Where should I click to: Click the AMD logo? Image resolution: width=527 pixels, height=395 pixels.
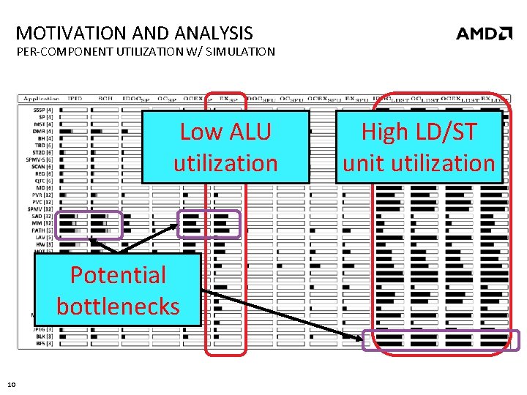[x=484, y=33]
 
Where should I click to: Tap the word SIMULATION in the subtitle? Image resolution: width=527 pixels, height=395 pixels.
[x=239, y=51]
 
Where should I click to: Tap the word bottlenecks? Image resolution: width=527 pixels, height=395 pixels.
[x=118, y=305]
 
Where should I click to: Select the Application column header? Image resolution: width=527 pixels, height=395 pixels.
[x=42, y=98]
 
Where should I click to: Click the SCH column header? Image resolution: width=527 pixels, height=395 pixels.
[x=105, y=98]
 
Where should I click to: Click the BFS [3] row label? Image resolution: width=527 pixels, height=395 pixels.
[x=44, y=342]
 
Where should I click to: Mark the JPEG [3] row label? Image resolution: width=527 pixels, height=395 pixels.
[x=43, y=329]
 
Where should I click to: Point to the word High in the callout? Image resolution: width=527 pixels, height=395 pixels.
[x=383, y=132]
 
